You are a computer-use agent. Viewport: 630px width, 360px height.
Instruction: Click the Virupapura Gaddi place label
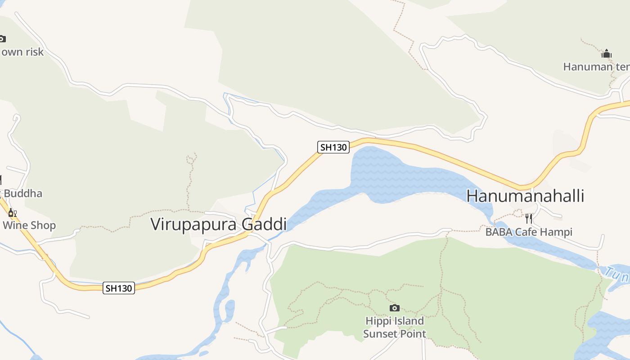[x=218, y=224]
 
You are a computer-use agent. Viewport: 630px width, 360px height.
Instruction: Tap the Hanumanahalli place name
[x=525, y=196]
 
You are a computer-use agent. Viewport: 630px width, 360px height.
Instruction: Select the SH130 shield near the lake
[x=333, y=147]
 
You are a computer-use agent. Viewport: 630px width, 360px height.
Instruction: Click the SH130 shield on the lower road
[x=119, y=288]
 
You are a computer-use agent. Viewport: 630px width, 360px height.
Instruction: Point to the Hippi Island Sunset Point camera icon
[x=394, y=308]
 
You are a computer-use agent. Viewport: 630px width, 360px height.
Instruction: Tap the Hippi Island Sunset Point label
[x=394, y=327]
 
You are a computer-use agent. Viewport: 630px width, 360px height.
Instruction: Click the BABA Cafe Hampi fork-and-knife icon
[x=529, y=219]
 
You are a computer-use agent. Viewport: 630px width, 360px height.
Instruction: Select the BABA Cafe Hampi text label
[x=529, y=232]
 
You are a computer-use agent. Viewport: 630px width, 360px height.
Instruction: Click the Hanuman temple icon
[x=607, y=54]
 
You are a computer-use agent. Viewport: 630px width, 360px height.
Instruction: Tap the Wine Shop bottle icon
[x=12, y=213]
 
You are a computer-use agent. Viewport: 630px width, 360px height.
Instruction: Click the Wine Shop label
[x=29, y=225]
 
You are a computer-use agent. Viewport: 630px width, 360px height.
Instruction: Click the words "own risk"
[x=22, y=52]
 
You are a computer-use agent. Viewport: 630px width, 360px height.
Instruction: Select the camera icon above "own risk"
[x=2, y=39]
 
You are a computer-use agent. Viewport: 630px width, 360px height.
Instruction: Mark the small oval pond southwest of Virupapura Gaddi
[x=229, y=310]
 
